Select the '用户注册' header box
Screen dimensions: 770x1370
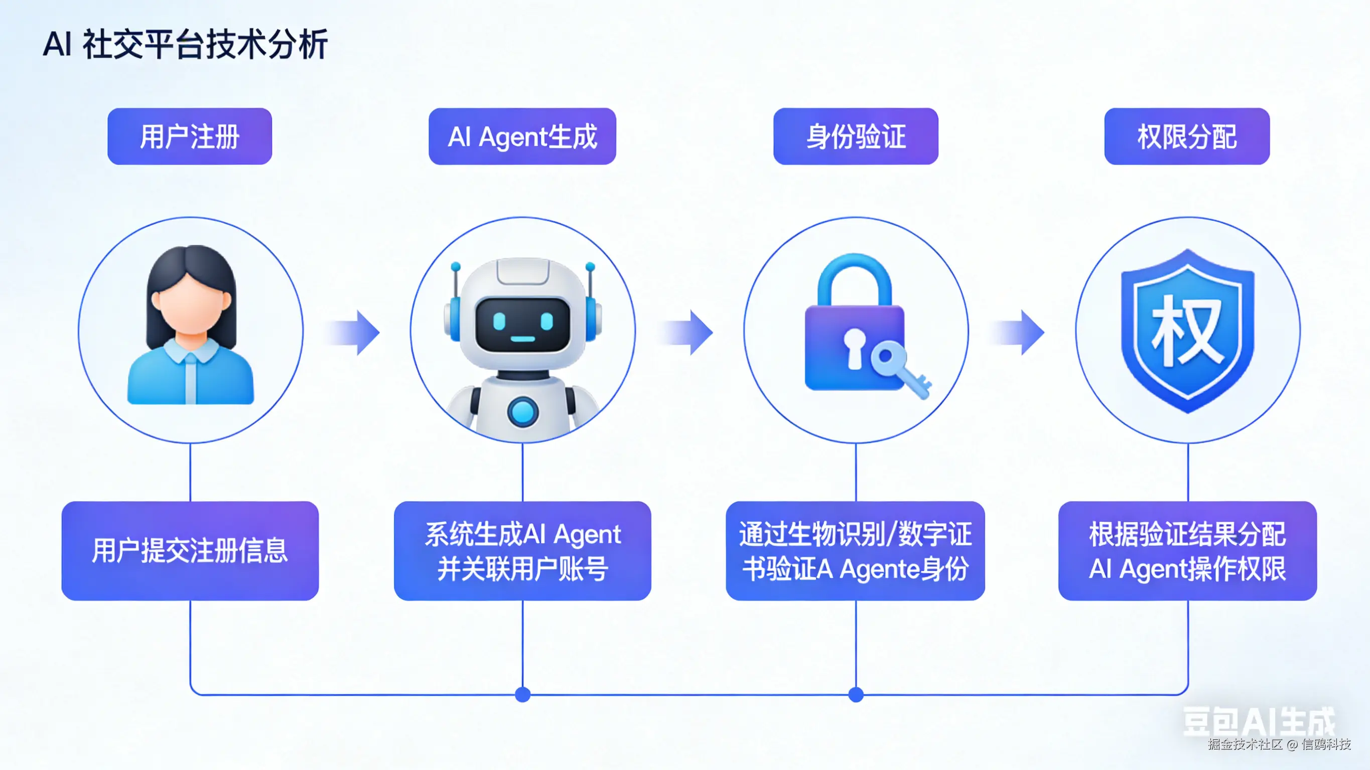pos(189,136)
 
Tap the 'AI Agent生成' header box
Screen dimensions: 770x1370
pos(522,136)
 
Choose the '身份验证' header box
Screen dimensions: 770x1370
pos(856,136)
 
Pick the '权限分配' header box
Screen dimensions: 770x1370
pos(1186,136)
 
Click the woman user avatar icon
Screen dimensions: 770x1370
pos(190,325)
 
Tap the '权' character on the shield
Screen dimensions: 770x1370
pos(1187,330)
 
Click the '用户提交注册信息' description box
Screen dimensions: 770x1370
pos(190,550)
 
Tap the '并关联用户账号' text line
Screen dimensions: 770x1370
pos(522,569)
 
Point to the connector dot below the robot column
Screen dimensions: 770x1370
pos(523,694)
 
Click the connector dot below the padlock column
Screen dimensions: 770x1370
pos(856,694)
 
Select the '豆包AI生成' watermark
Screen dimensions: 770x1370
pos(1258,722)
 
